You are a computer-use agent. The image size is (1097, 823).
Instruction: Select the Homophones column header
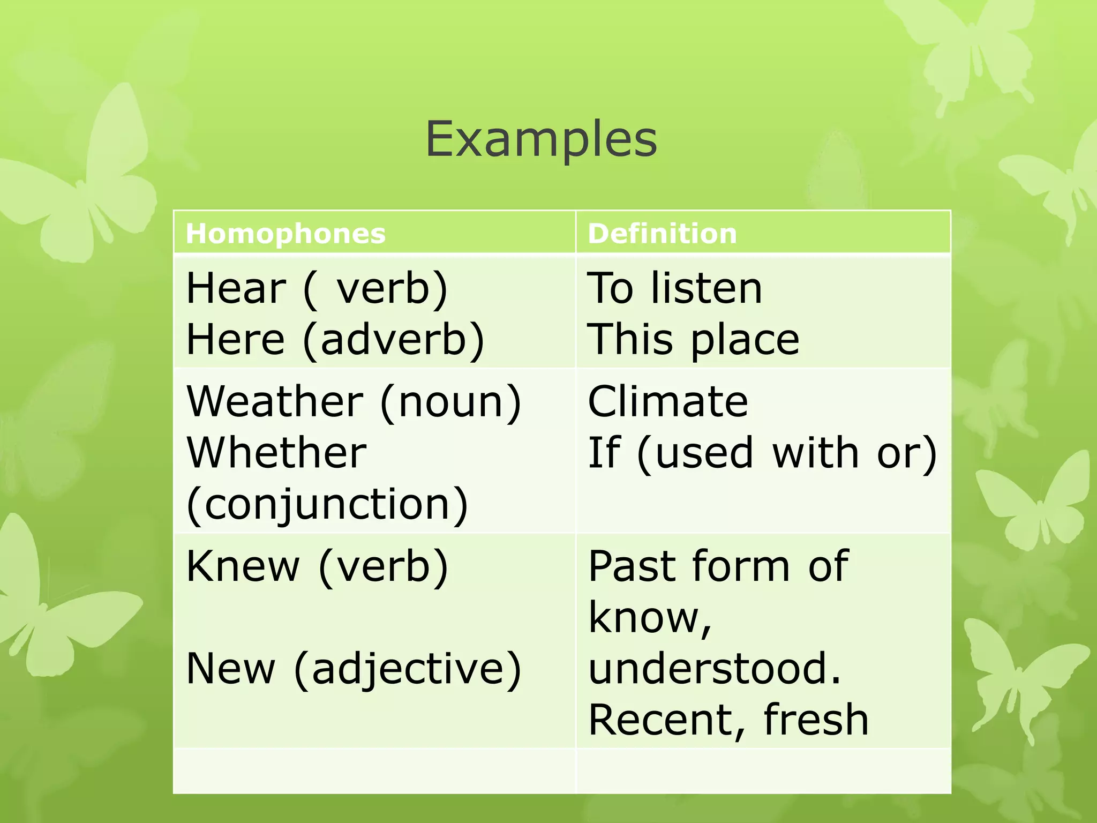[x=285, y=234]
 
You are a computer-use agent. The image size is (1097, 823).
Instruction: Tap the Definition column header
[x=662, y=234]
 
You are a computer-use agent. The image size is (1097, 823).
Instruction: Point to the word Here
[x=235, y=340]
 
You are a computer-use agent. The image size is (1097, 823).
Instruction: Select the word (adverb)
[x=394, y=340]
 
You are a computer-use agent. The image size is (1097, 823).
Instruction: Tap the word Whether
[x=276, y=453]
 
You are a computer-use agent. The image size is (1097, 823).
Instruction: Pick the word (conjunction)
[x=327, y=505]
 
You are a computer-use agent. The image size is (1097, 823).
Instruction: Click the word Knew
[x=243, y=566]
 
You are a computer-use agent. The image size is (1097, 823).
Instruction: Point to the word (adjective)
[x=408, y=670]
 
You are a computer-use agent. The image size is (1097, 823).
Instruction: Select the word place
[x=745, y=340]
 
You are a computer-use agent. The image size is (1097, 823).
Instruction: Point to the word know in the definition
[x=646, y=618]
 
